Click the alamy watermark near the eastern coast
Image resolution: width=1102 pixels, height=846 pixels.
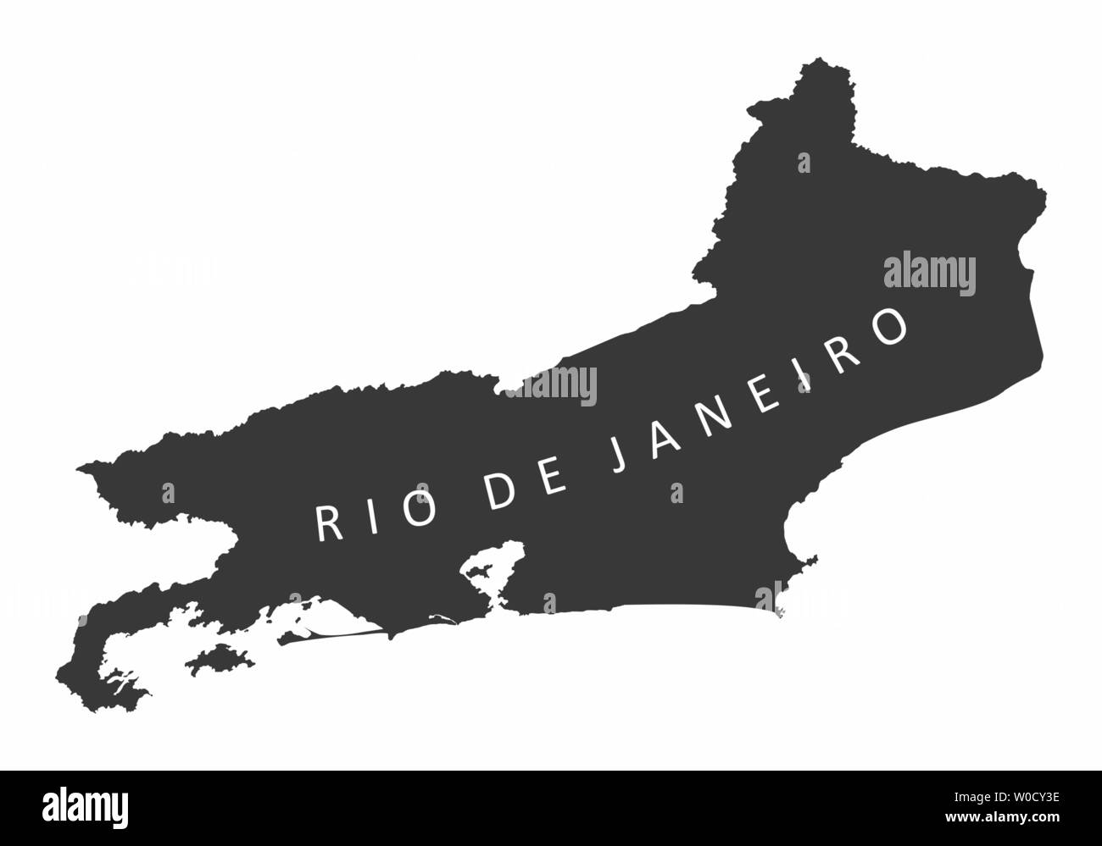tap(929, 274)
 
